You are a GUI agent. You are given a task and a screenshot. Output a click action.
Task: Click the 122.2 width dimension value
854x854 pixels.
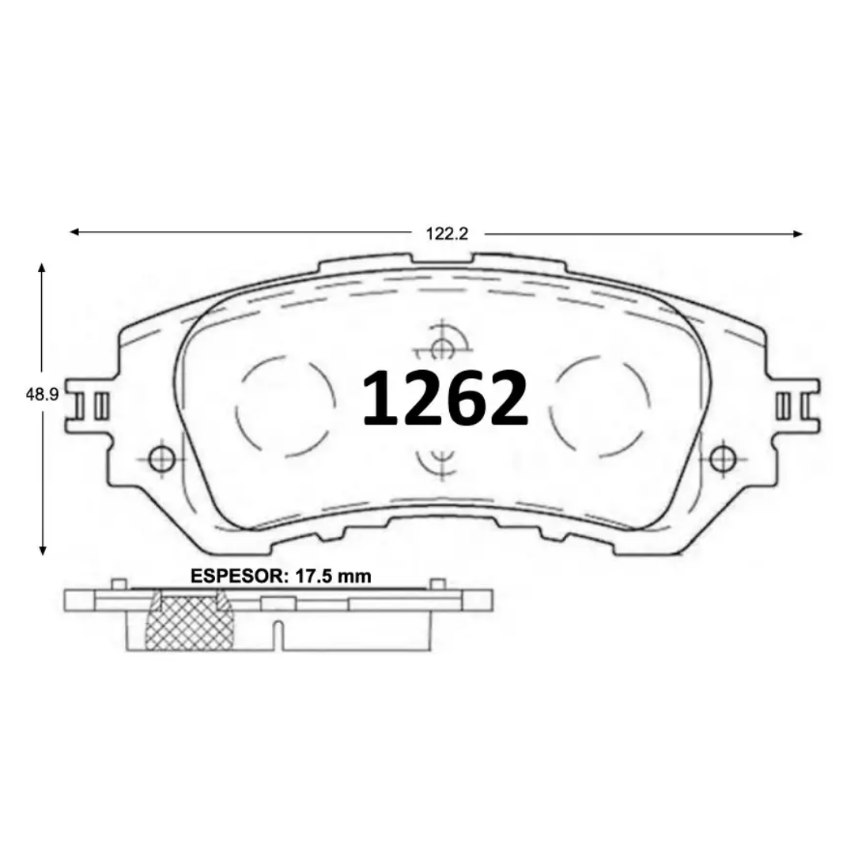[x=447, y=233]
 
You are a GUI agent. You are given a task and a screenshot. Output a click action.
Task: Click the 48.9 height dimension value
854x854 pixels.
[x=42, y=395]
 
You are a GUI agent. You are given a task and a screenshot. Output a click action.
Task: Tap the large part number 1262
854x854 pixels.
[x=445, y=397]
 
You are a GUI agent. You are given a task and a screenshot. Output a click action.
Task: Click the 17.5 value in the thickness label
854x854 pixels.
[x=312, y=576]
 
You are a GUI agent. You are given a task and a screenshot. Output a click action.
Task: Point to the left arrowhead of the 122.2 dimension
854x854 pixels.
[x=74, y=232]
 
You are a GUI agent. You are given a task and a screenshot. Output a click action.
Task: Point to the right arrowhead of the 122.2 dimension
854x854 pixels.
[x=797, y=234]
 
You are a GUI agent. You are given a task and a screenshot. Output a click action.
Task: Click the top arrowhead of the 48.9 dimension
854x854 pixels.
[x=41, y=267]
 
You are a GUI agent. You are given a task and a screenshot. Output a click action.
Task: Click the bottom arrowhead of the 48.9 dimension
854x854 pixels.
[x=43, y=550]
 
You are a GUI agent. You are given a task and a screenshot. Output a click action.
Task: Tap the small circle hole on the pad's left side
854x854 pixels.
[x=161, y=459]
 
